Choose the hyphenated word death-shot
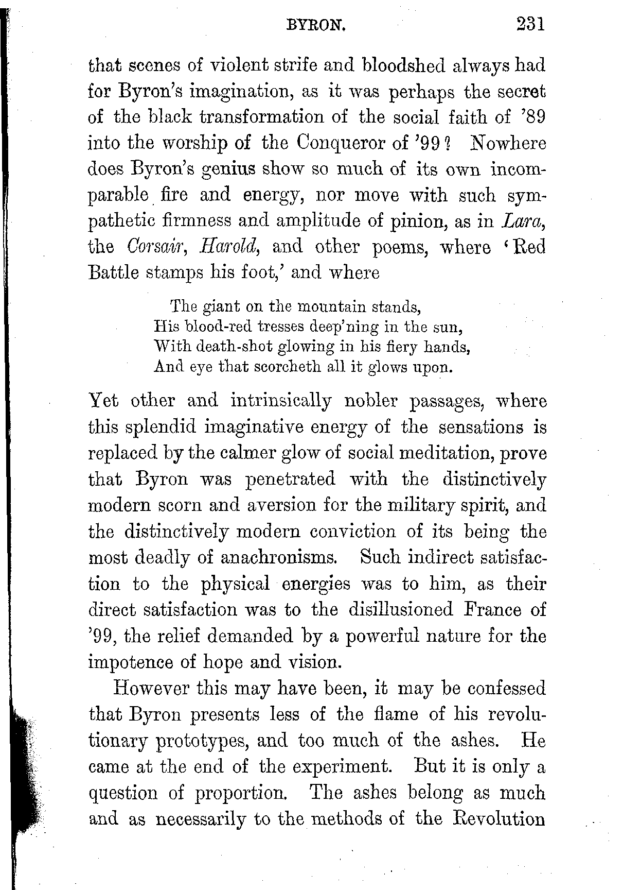[x=236, y=347]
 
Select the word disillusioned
[x=401, y=610]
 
